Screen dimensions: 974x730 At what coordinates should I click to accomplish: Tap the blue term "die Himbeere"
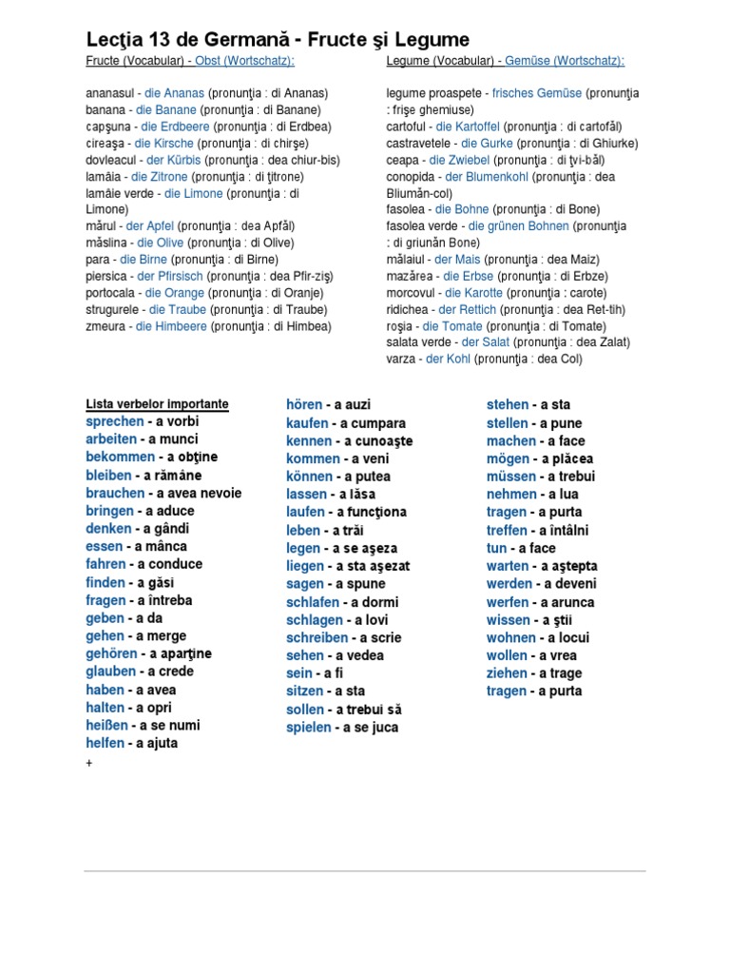point(171,326)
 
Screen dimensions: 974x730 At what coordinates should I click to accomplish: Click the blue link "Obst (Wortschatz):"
point(244,61)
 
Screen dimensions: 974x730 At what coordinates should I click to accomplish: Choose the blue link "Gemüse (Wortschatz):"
point(566,61)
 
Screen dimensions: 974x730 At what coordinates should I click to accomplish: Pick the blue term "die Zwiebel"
point(460,160)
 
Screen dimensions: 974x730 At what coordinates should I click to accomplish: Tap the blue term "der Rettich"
point(467,310)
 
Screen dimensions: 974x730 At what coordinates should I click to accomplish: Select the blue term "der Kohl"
point(448,360)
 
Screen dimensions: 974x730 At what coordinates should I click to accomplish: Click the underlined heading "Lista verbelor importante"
point(157,404)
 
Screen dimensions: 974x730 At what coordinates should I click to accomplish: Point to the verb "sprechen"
point(114,421)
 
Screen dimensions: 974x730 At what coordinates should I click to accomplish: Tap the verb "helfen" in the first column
point(105,743)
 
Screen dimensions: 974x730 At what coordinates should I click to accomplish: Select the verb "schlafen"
point(314,602)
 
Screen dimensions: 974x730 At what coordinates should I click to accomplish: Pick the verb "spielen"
point(308,728)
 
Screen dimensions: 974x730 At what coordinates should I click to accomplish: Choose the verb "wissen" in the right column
point(508,620)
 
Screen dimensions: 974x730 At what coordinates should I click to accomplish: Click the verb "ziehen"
point(507,673)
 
